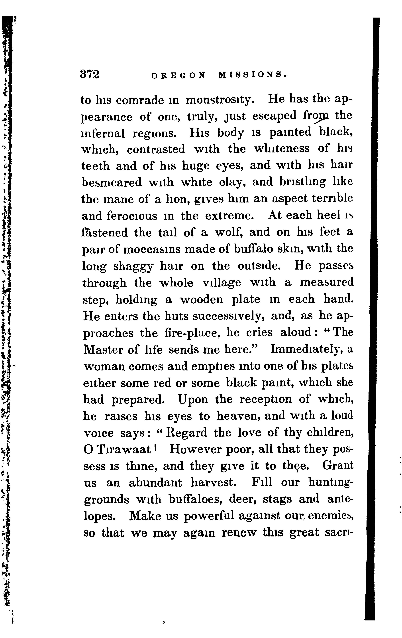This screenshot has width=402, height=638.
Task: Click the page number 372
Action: pyautogui.click(x=90, y=74)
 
